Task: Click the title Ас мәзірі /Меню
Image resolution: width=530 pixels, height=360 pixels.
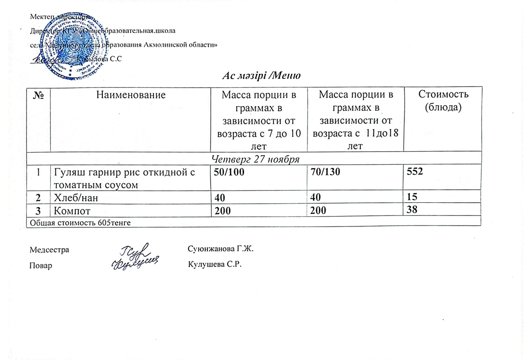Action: tap(262, 76)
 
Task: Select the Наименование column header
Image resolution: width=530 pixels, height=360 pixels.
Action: tap(131, 95)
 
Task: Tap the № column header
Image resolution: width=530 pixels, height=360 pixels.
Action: tap(38, 95)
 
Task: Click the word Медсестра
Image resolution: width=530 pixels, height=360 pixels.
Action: tap(49, 249)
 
